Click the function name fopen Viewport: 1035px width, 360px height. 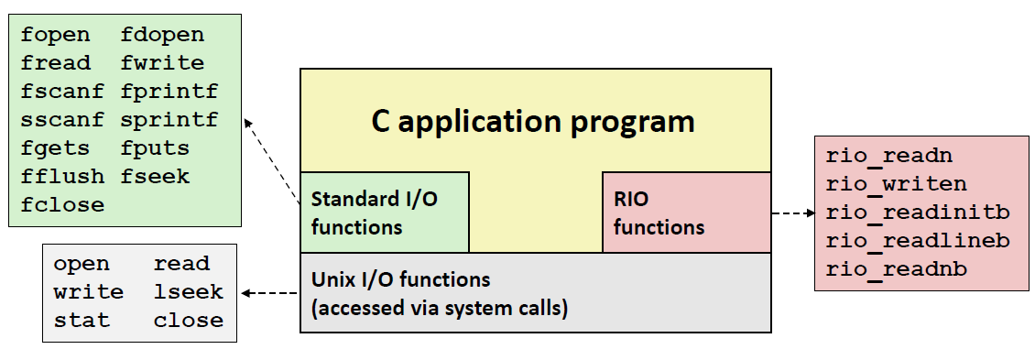click(55, 36)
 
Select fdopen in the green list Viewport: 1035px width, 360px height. click(162, 34)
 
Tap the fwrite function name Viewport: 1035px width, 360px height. click(162, 63)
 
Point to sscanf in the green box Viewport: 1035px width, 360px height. click(62, 120)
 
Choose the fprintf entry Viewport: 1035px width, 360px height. click(169, 92)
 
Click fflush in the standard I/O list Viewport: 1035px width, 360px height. click(62, 177)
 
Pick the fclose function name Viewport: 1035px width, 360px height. click(62, 205)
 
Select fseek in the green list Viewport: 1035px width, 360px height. click(155, 177)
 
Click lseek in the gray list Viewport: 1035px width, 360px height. click(189, 292)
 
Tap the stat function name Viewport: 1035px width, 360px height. click(82, 321)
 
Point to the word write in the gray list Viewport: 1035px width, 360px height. click(89, 292)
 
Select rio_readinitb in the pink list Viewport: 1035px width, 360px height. click(918, 213)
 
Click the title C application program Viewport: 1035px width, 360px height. click(533, 122)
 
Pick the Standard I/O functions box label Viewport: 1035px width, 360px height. click(375, 213)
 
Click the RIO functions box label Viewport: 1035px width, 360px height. click(659, 213)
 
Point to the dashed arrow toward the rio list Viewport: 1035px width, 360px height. click(793, 213)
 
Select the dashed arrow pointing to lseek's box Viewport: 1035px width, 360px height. click(270, 292)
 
